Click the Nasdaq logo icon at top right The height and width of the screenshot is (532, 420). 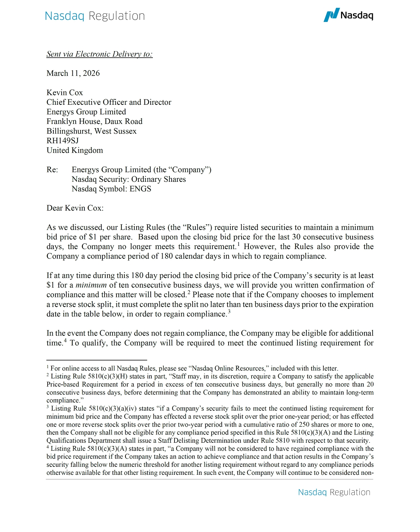click(331, 15)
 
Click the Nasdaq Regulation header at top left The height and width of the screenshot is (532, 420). click(95, 16)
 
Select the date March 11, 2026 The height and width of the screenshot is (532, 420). click(73, 73)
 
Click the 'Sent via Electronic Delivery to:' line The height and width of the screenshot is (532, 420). click(100, 54)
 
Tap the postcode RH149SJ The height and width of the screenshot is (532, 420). click(63, 141)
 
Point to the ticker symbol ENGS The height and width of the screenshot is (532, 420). click(140, 189)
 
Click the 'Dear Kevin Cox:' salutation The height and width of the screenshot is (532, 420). click(75, 208)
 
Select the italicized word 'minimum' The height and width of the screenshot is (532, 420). click(91, 285)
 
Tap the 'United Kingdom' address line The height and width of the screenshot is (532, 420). click(75, 150)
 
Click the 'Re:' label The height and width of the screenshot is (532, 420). click(52, 170)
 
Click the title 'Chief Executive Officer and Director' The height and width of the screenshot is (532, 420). click(109, 102)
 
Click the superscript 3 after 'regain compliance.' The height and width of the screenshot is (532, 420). click(229, 312)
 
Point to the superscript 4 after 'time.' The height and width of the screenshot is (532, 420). click(65, 341)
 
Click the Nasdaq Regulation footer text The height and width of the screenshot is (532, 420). click(334, 492)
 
